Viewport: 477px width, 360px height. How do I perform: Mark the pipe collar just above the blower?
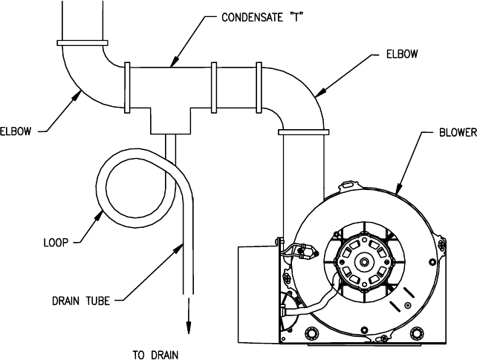[303, 132]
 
